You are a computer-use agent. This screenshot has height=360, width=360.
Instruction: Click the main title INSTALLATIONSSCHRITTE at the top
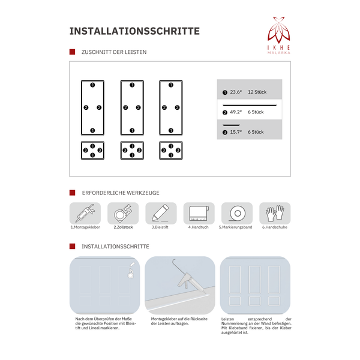pos(134,31)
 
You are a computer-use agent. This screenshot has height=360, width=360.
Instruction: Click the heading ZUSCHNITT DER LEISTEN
pos(113,52)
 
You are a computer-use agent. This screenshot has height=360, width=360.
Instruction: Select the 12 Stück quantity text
pos(257,92)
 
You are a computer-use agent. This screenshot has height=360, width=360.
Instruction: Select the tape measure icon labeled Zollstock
pos(122,213)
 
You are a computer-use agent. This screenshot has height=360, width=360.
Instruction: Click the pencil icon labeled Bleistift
pos(160,213)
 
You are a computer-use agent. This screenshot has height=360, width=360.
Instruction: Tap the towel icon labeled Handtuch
pos(198,213)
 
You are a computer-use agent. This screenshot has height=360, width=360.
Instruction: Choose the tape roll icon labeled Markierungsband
pos(236,213)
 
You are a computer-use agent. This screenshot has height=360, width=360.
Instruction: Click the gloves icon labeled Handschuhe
pos(274,213)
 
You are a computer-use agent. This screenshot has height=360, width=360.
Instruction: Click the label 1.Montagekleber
pos(85,228)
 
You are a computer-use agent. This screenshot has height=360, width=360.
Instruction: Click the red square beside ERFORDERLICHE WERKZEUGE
pos(72,193)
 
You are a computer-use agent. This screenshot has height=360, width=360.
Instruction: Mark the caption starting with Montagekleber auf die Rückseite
pos(179,321)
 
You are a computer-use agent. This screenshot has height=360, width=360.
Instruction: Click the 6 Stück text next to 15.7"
pos(256,132)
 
